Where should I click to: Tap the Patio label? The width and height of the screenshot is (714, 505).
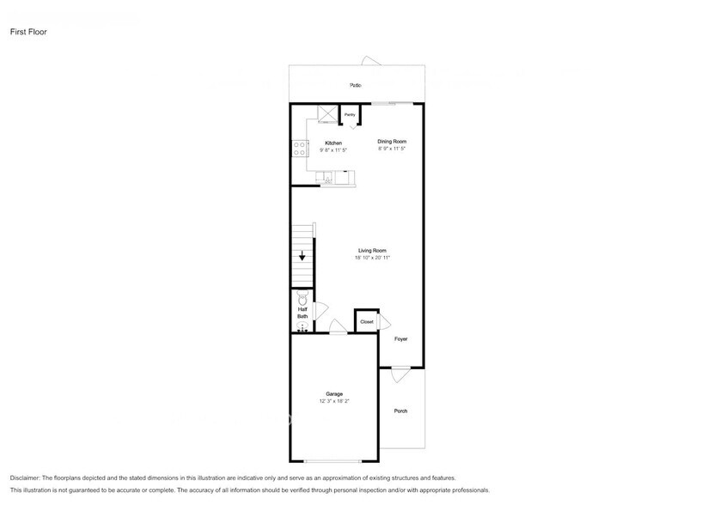click(x=355, y=85)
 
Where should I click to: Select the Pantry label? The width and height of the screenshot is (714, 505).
click(x=350, y=114)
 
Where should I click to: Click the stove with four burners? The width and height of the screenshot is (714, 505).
click(x=300, y=149)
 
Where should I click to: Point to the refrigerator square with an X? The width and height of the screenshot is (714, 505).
click(x=326, y=113)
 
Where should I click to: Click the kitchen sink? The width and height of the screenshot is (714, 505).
click(x=327, y=179)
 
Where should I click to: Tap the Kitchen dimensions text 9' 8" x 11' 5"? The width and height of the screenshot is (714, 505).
click(x=333, y=150)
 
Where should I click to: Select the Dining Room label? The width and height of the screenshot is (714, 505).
click(x=392, y=141)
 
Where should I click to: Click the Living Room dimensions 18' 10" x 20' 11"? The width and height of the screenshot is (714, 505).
click(x=372, y=258)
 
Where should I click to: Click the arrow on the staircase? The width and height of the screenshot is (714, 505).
click(x=302, y=256)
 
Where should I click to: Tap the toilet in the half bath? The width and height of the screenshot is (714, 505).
click(x=302, y=298)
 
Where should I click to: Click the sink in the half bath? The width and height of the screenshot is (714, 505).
click(x=302, y=326)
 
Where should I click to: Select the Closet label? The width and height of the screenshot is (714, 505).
click(x=366, y=321)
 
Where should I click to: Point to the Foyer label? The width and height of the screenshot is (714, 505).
click(x=400, y=339)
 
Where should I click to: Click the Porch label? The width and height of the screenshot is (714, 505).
click(x=400, y=411)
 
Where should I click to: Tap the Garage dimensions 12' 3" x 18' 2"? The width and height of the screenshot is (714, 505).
click(x=333, y=400)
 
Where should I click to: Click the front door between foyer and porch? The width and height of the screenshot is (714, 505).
click(x=400, y=374)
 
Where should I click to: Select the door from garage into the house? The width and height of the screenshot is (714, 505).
click(x=338, y=327)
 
